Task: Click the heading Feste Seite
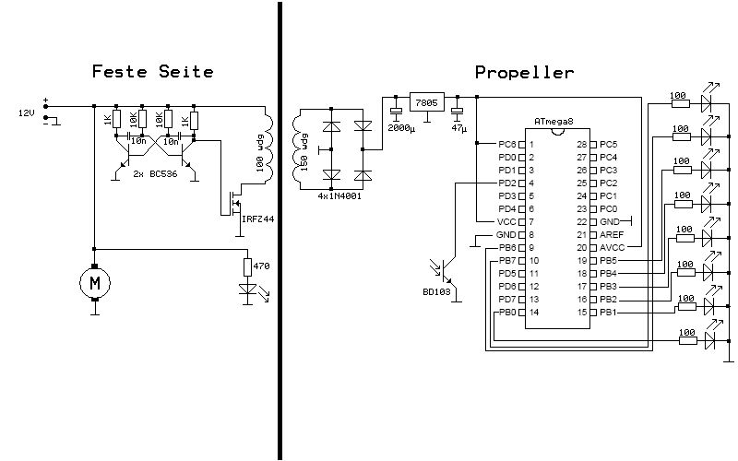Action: coord(153,71)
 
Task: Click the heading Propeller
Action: coord(524,71)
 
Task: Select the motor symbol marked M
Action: coord(94,283)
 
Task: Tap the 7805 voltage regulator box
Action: coord(426,101)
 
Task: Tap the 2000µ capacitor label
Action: coord(401,128)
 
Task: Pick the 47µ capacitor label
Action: coord(458,128)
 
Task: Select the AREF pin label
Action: coord(612,235)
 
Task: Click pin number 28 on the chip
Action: coord(582,145)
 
